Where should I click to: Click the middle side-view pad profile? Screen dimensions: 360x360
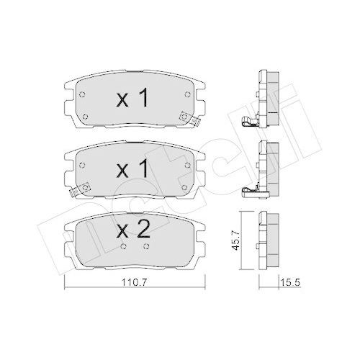(267, 167)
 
